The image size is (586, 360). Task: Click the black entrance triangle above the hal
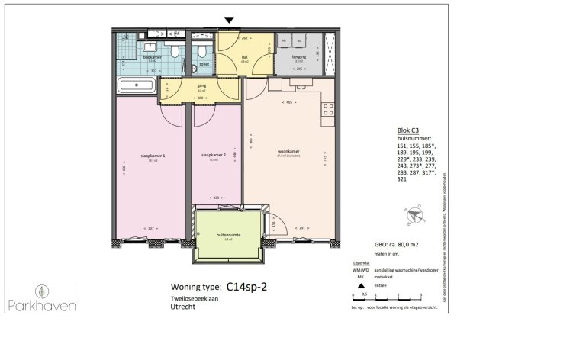228,20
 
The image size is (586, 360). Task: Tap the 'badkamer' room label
152,56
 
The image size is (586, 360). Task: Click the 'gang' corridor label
202,85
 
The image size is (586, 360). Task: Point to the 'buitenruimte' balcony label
228,236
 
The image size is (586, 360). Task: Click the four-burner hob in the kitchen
328,109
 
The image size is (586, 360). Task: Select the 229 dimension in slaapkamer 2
216,198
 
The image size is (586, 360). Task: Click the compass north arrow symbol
412,217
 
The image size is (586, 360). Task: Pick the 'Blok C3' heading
410,130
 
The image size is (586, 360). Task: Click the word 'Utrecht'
183,307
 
